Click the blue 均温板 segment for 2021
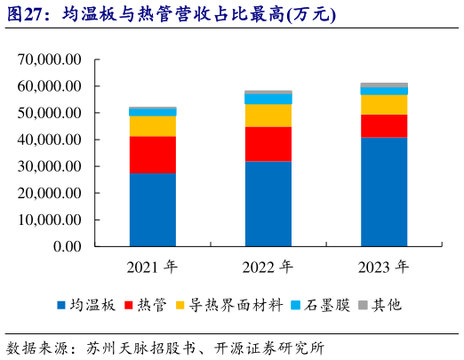click(x=152, y=209)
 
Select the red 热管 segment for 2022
click(x=268, y=144)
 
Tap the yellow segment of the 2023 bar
click(x=384, y=104)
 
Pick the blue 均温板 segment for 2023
click(x=384, y=191)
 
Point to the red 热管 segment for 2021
click(x=152, y=155)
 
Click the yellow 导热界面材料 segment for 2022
click(x=268, y=116)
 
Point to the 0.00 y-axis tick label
click(x=67, y=246)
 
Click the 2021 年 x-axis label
click(x=152, y=267)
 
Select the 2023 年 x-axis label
click(x=384, y=267)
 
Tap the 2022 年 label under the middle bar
click(x=268, y=267)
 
